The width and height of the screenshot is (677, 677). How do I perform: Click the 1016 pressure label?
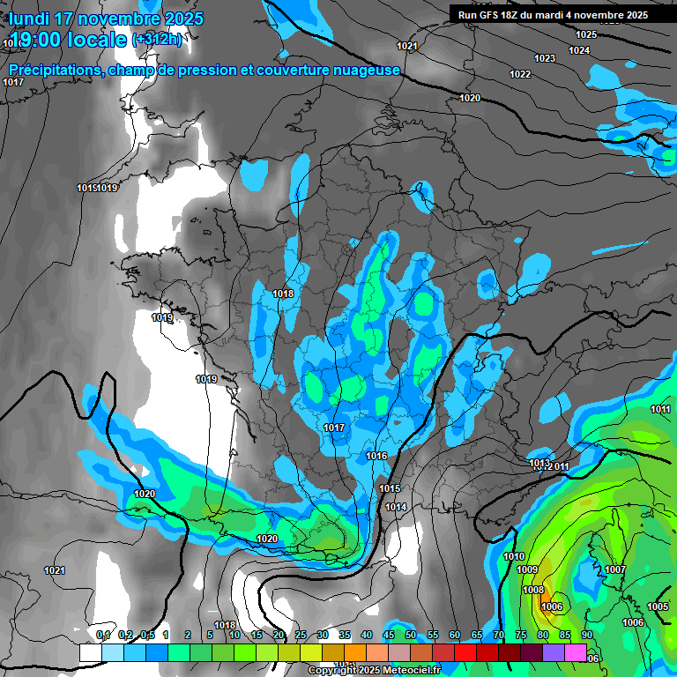[x=376, y=456]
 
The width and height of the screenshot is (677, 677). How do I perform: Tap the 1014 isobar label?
[x=396, y=507]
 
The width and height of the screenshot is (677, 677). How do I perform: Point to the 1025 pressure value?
[x=586, y=34]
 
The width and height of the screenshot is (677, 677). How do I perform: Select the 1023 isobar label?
[x=545, y=58]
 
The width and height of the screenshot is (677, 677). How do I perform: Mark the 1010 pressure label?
[x=514, y=556]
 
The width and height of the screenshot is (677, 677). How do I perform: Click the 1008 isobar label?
[x=532, y=590]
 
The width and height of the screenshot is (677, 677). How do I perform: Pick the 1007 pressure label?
[x=615, y=569]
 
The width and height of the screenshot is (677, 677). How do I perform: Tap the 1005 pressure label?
[x=658, y=606]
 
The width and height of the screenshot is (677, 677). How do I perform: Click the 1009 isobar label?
[x=527, y=569]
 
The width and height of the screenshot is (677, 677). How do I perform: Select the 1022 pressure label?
[x=520, y=74]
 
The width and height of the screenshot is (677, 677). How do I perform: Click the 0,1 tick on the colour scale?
[x=103, y=635]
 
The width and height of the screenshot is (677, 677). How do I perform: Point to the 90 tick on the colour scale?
[x=586, y=635]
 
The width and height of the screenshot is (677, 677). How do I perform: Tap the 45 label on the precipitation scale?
[x=389, y=635]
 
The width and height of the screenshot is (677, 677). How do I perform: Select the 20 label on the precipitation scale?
[x=279, y=635]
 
